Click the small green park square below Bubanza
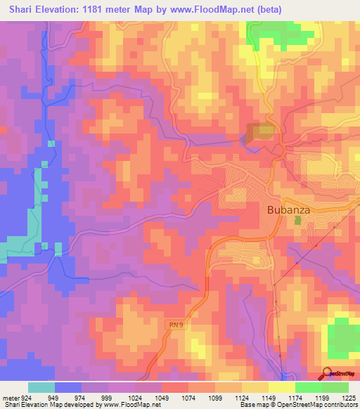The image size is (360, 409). coord(297,221)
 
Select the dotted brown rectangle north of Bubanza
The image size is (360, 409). coord(261,131)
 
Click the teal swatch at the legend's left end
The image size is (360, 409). coord(41,387)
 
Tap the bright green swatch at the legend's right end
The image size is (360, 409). coord(335,387)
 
